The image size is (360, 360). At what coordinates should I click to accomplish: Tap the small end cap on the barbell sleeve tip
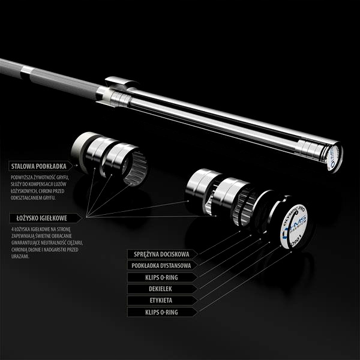(x=332, y=157)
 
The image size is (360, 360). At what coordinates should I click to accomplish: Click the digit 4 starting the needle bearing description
(x=13, y=230)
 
